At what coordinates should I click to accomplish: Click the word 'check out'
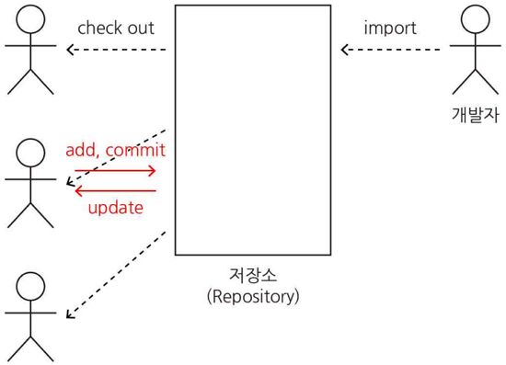point(115,28)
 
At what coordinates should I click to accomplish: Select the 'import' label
point(390,28)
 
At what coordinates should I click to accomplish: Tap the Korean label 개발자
point(476,113)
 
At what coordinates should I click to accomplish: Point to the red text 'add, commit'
point(115,150)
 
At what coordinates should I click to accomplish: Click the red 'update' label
point(115,208)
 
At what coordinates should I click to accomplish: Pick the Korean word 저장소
point(253,275)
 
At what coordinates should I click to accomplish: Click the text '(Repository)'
point(253,296)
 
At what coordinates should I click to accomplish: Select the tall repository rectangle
point(253,130)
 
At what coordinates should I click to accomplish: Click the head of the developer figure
point(476,19)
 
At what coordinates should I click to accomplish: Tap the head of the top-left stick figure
point(30,19)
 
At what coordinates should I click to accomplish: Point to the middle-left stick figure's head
point(30,153)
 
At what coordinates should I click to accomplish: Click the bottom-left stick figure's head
point(30,286)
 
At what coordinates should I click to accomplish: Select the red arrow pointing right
point(115,171)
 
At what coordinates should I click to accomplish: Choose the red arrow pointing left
point(115,191)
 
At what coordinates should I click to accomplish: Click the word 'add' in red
point(80,150)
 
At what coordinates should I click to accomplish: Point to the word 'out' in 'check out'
point(140,28)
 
